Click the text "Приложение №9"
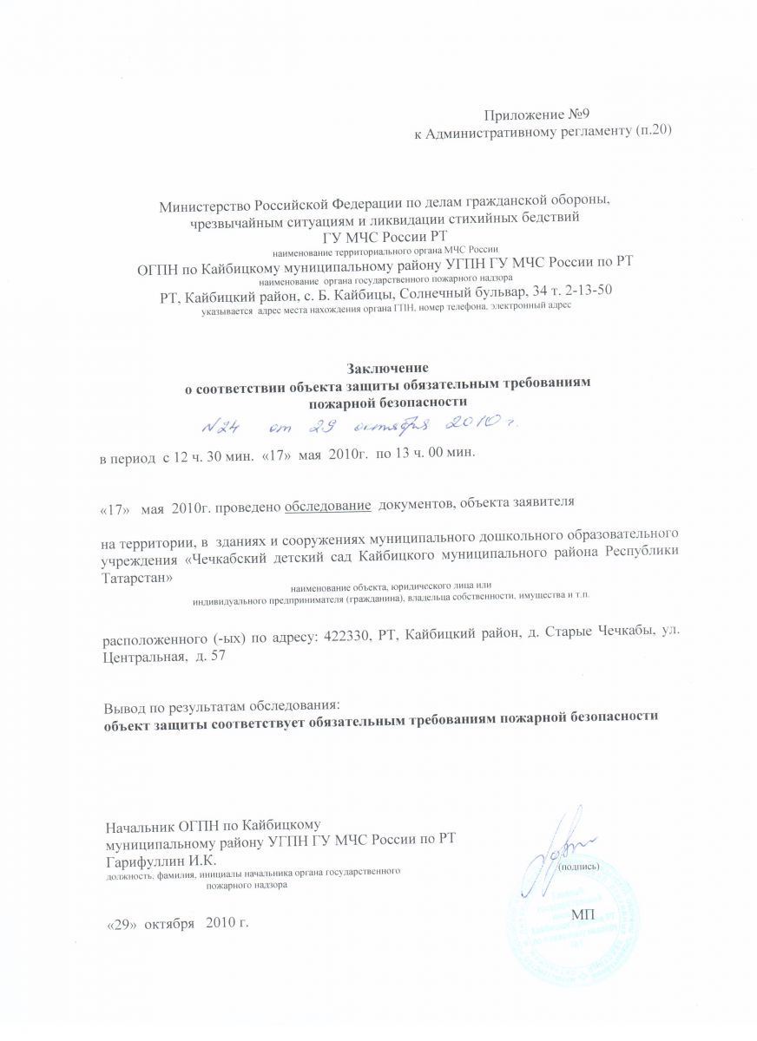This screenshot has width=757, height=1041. (536, 115)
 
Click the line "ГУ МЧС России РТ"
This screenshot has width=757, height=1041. (385, 235)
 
